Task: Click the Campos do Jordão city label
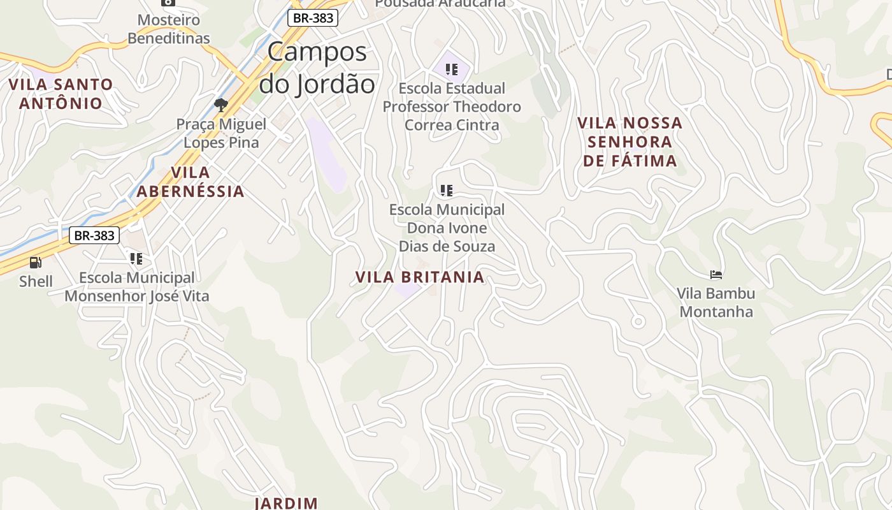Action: click(317, 68)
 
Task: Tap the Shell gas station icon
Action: click(36, 262)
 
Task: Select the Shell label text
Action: click(36, 281)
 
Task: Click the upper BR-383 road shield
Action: click(312, 18)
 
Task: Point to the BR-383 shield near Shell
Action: click(94, 235)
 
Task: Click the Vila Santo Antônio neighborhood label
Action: click(61, 94)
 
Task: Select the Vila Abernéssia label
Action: click(191, 182)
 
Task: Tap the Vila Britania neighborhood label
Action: click(420, 277)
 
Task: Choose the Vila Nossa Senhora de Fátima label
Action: click(630, 142)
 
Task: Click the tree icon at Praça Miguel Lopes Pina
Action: click(221, 105)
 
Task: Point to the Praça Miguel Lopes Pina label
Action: click(221, 133)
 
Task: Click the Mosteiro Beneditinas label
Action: click(169, 29)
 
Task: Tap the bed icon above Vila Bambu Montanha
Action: click(716, 275)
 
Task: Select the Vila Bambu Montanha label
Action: click(716, 302)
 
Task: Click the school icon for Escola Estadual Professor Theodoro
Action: click(452, 69)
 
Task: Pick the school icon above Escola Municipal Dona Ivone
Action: click(447, 190)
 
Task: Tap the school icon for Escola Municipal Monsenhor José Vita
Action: click(136, 259)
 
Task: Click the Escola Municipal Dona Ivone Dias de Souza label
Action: click(447, 228)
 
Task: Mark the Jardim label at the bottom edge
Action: click(286, 503)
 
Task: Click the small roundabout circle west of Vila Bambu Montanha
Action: click(638, 322)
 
